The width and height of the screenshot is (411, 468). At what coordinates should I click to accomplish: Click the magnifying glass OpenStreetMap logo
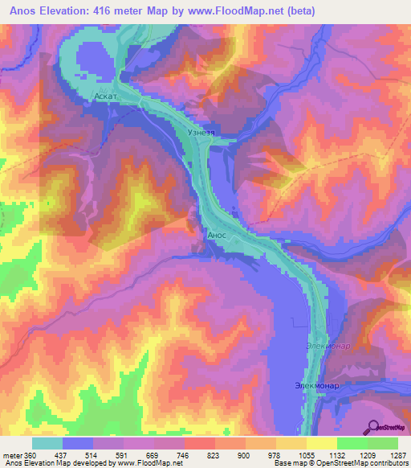pyautogui.click(x=373, y=426)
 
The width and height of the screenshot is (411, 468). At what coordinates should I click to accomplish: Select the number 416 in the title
pyautogui.click(x=107, y=10)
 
